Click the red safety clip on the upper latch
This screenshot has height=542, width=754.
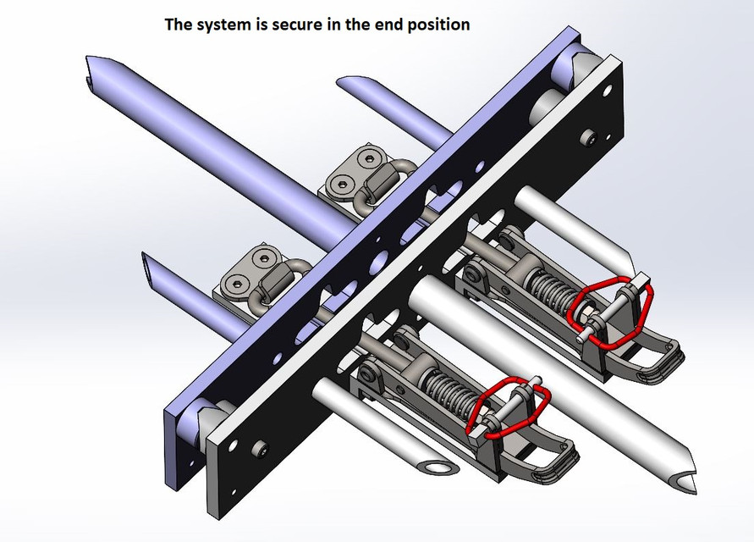pos(610,312)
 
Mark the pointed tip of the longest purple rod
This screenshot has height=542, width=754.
pos(96,71)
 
